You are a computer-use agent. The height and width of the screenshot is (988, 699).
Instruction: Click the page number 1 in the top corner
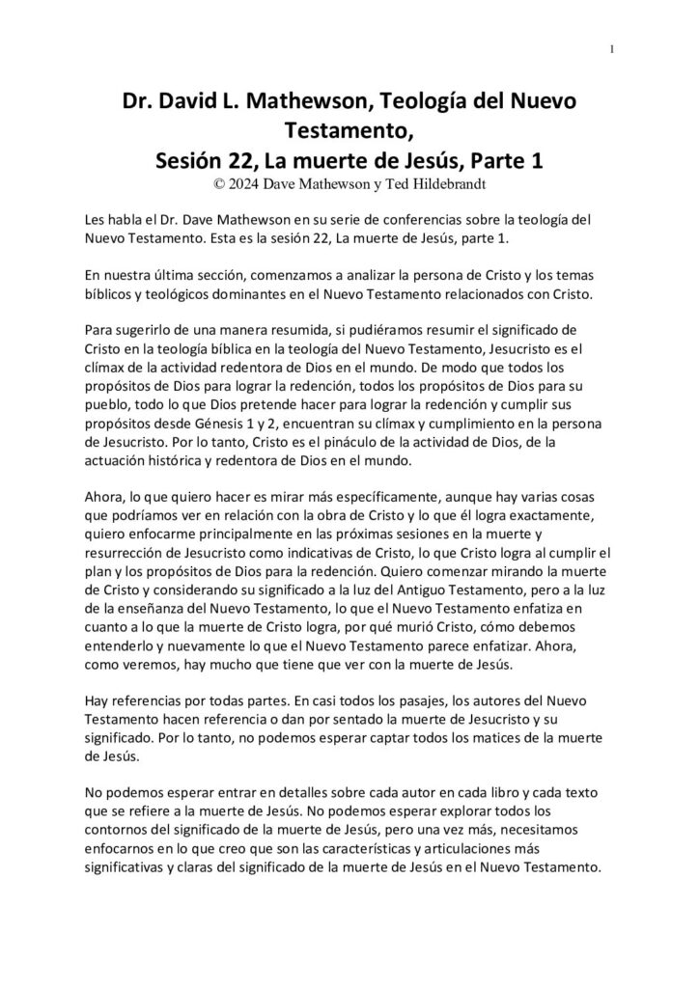613,50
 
